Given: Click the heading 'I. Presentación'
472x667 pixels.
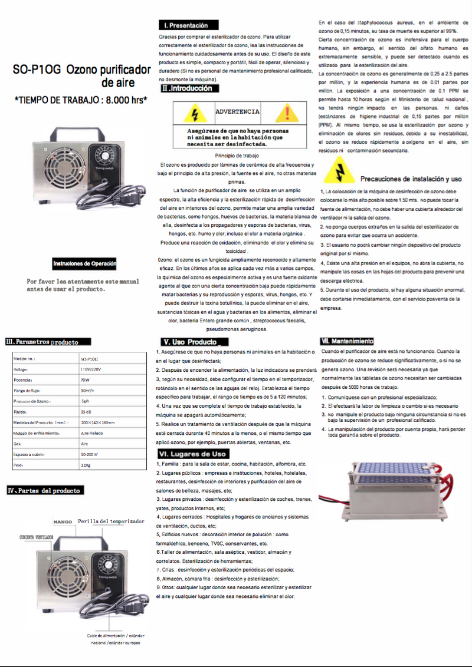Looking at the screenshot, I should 188,25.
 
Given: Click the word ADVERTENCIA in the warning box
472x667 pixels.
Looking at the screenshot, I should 237,111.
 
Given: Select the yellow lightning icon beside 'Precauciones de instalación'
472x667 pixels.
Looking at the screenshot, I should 339,171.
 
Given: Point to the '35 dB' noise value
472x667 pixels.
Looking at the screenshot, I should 86,412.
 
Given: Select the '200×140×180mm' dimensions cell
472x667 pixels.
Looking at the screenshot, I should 98,422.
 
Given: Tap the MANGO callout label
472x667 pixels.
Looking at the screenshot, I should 63,522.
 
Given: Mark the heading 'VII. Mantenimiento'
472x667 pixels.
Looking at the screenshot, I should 347,341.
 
